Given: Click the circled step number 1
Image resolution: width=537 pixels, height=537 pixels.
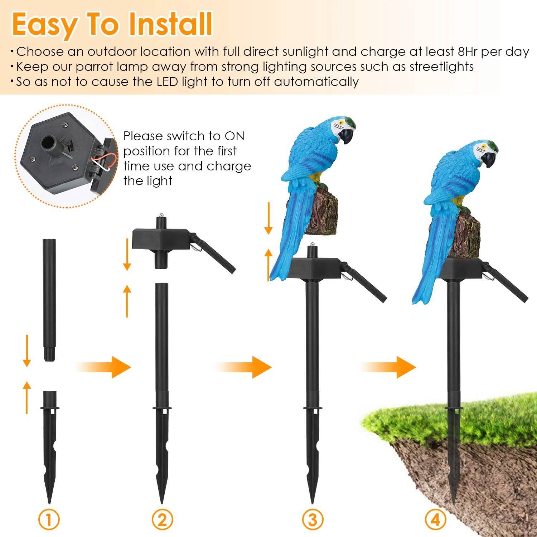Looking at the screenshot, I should click(x=49, y=519).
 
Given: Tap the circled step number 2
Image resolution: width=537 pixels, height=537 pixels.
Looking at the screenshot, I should click(x=162, y=519).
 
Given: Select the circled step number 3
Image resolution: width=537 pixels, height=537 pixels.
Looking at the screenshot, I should click(x=312, y=519).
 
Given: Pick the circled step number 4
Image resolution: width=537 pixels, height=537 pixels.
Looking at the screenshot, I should click(x=435, y=519).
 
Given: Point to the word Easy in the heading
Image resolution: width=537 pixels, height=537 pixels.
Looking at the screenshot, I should click(x=44, y=24).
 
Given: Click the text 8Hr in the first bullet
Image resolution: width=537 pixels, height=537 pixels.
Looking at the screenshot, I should click(x=468, y=52).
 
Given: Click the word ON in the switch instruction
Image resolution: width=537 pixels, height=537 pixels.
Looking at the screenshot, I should click(x=234, y=136).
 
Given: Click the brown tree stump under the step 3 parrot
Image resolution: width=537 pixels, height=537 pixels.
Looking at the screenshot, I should click(x=324, y=215).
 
